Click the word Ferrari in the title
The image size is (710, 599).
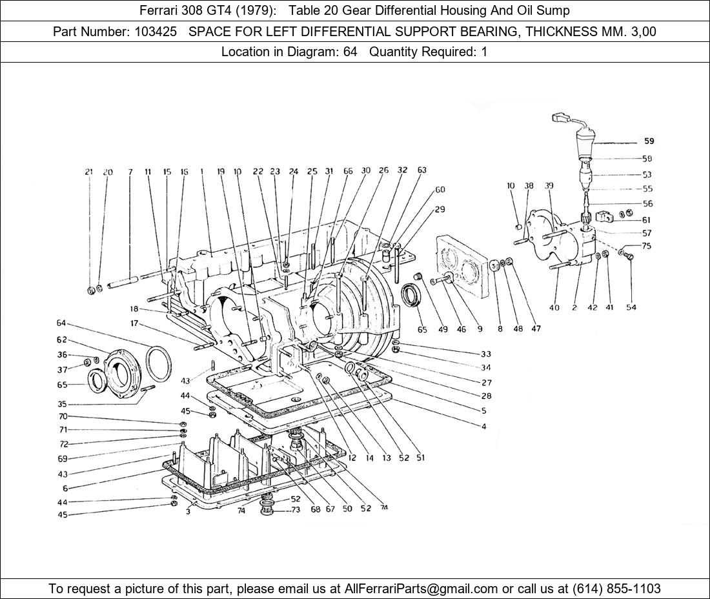tap(159, 10)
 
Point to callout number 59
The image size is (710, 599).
tap(649, 141)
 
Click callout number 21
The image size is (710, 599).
tap(88, 172)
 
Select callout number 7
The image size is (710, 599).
tap(130, 172)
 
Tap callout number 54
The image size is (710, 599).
tap(631, 307)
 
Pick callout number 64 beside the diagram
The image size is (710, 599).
tap(61, 323)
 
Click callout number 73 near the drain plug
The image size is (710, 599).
tap(296, 510)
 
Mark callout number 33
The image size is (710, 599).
tap(485, 354)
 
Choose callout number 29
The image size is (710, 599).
tap(440, 209)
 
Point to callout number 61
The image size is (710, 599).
tap(646, 220)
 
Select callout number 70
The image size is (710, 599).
tap(63, 416)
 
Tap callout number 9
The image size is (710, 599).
tap(480, 329)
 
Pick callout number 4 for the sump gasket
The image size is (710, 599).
tap(483, 425)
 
